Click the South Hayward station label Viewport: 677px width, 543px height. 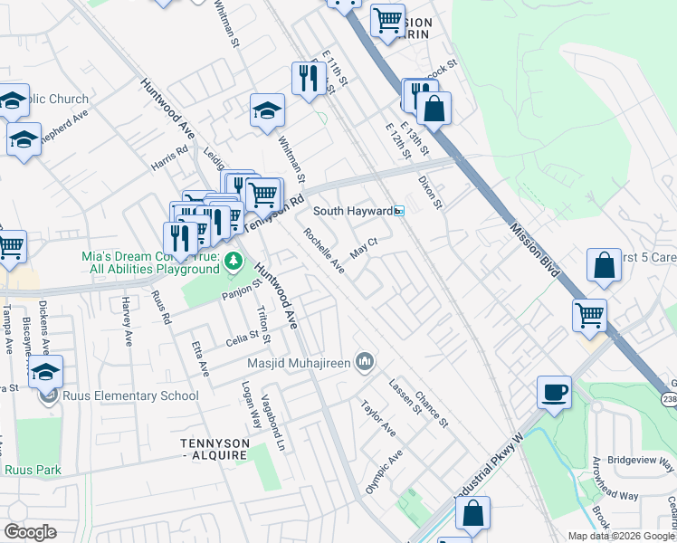click(353, 211)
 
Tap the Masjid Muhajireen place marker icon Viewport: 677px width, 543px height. click(364, 363)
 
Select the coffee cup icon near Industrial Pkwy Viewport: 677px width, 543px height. click(554, 393)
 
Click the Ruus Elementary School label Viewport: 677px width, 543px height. click(130, 395)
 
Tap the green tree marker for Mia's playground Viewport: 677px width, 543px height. click(234, 262)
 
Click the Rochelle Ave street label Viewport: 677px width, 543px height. click(324, 251)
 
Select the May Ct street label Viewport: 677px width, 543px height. click(363, 247)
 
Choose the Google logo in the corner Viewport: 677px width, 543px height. click(30, 531)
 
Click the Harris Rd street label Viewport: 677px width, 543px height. click(169, 157)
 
